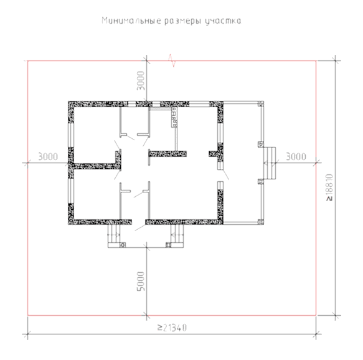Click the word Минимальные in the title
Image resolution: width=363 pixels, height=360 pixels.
[x=131, y=21]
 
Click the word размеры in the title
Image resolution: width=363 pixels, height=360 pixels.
[x=183, y=21]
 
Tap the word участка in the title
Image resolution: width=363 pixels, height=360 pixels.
[x=223, y=21]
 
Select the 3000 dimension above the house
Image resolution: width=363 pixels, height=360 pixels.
[x=141, y=81]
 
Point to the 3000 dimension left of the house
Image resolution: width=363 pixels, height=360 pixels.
[x=48, y=157]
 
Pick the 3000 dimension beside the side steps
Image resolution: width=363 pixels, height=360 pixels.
[x=296, y=157]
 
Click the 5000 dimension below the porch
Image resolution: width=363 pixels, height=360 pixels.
[x=141, y=282]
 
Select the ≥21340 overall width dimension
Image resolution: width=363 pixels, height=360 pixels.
[x=172, y=328]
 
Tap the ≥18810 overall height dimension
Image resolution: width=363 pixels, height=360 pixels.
[x=329, y=187]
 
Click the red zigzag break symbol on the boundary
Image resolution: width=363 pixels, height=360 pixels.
[x=172, y=60]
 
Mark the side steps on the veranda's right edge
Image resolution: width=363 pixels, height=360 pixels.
[x=270, y=163]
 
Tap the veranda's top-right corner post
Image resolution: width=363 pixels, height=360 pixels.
[x=261, y=104]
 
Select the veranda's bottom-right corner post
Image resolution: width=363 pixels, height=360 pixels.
[x=261, y=222]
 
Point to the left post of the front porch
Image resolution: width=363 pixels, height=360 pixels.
[x=123, y=245]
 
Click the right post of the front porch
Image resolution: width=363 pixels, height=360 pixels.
[x=169, y=245]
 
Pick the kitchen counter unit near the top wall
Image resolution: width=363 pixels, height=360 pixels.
[x=174, y=117]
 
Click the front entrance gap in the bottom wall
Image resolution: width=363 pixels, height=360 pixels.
[x=139, y=222]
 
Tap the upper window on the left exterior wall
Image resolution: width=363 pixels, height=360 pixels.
[x=71, y=135]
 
